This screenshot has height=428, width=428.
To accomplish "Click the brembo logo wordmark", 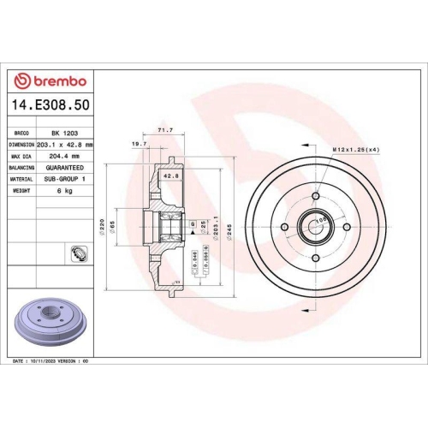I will pyautogui.click(x=52, y=80).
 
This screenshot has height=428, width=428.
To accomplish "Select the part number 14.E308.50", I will pyautogui.click(x=51, y=105).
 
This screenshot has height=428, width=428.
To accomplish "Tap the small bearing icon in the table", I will pyautogui.click(x=75, y=252).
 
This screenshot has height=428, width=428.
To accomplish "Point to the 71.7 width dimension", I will pyautogui.click(x=166, y=129).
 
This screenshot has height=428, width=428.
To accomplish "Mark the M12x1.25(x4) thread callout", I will pyautogui.click(x=355, y=150).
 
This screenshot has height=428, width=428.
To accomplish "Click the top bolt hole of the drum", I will pyautogui.click(x=316, y=196).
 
